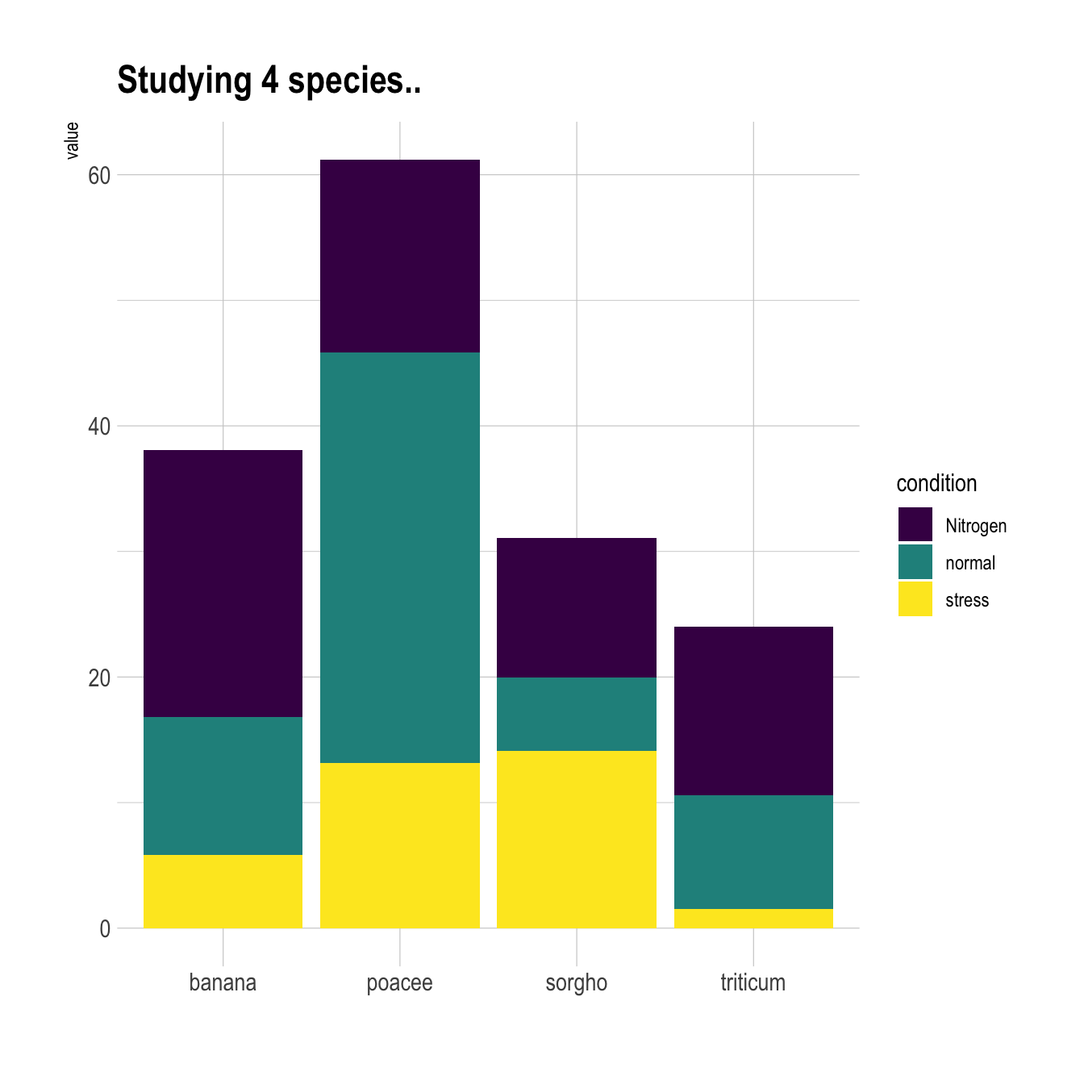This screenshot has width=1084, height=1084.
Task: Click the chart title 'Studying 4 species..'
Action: [269, 81]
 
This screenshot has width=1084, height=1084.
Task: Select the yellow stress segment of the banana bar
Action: [223, 891]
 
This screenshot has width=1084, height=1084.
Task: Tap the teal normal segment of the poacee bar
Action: [399, 557]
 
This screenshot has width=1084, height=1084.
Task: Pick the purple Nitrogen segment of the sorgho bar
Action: [576, 607]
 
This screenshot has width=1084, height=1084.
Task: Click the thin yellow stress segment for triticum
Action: [753, 919]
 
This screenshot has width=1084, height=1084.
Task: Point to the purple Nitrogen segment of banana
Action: [223, 583]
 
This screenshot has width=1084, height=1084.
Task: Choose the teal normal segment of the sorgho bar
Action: [576, 714]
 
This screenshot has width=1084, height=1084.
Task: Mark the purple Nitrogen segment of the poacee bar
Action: [399, 256]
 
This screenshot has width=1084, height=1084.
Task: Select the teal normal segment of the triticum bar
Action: [753, 852]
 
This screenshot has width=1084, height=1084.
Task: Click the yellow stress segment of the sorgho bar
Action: [576, 840]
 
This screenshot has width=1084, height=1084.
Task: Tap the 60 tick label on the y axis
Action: [99, 176]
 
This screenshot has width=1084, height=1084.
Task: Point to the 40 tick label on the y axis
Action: [99, 427]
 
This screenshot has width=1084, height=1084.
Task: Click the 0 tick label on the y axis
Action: [105, 929]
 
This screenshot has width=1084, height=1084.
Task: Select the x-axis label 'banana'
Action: [223, 982]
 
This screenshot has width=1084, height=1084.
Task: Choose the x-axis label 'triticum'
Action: [753, 982]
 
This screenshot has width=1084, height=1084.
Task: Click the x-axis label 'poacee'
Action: [399, 982]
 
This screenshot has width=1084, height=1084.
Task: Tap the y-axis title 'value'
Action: [73, 140]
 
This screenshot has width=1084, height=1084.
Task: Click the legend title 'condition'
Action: [936, 483]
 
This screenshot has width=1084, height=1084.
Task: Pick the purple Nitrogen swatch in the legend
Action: [915, 524]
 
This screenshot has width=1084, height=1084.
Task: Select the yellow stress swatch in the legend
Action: [915, 599]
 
